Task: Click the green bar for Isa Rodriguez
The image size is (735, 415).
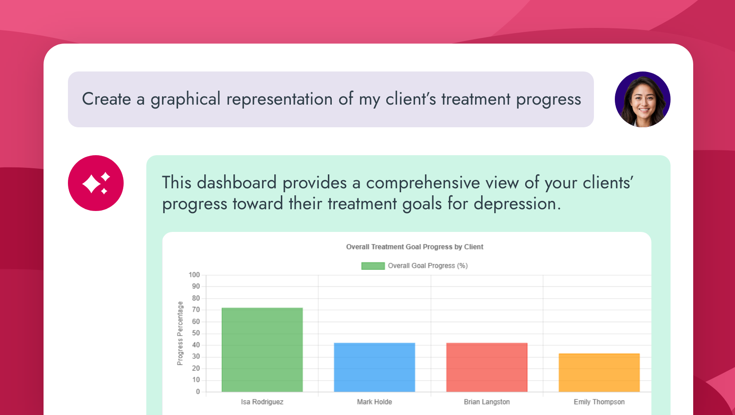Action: (262, 350)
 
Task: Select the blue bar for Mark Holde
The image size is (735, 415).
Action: (374, 367)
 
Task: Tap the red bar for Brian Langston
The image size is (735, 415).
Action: (487, 367)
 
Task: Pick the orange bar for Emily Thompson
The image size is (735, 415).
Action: (599, 373)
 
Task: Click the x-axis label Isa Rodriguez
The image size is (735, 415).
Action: (262, 402)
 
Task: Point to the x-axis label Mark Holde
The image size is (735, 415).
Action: (374, 402)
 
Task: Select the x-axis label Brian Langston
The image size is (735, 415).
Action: (487, 402)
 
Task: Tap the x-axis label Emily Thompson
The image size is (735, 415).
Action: (599, 402)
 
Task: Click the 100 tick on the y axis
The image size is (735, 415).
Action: (194, 275)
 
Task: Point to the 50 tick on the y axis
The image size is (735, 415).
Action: (196, 333)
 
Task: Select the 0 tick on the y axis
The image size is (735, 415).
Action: (198, 391)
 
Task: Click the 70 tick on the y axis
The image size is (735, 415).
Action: (196, 310)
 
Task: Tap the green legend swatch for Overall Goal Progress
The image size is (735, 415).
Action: (373, 266)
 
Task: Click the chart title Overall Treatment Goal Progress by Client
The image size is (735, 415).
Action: (415, 247)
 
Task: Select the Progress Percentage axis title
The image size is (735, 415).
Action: (180, 333)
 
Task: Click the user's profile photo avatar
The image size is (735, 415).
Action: (642, 99)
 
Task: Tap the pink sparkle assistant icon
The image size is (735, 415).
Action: (96, 183)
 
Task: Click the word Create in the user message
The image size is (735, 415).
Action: (106, 99)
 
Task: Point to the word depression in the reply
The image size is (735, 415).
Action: (517, 204)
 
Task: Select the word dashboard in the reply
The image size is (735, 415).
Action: (236, 183)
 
